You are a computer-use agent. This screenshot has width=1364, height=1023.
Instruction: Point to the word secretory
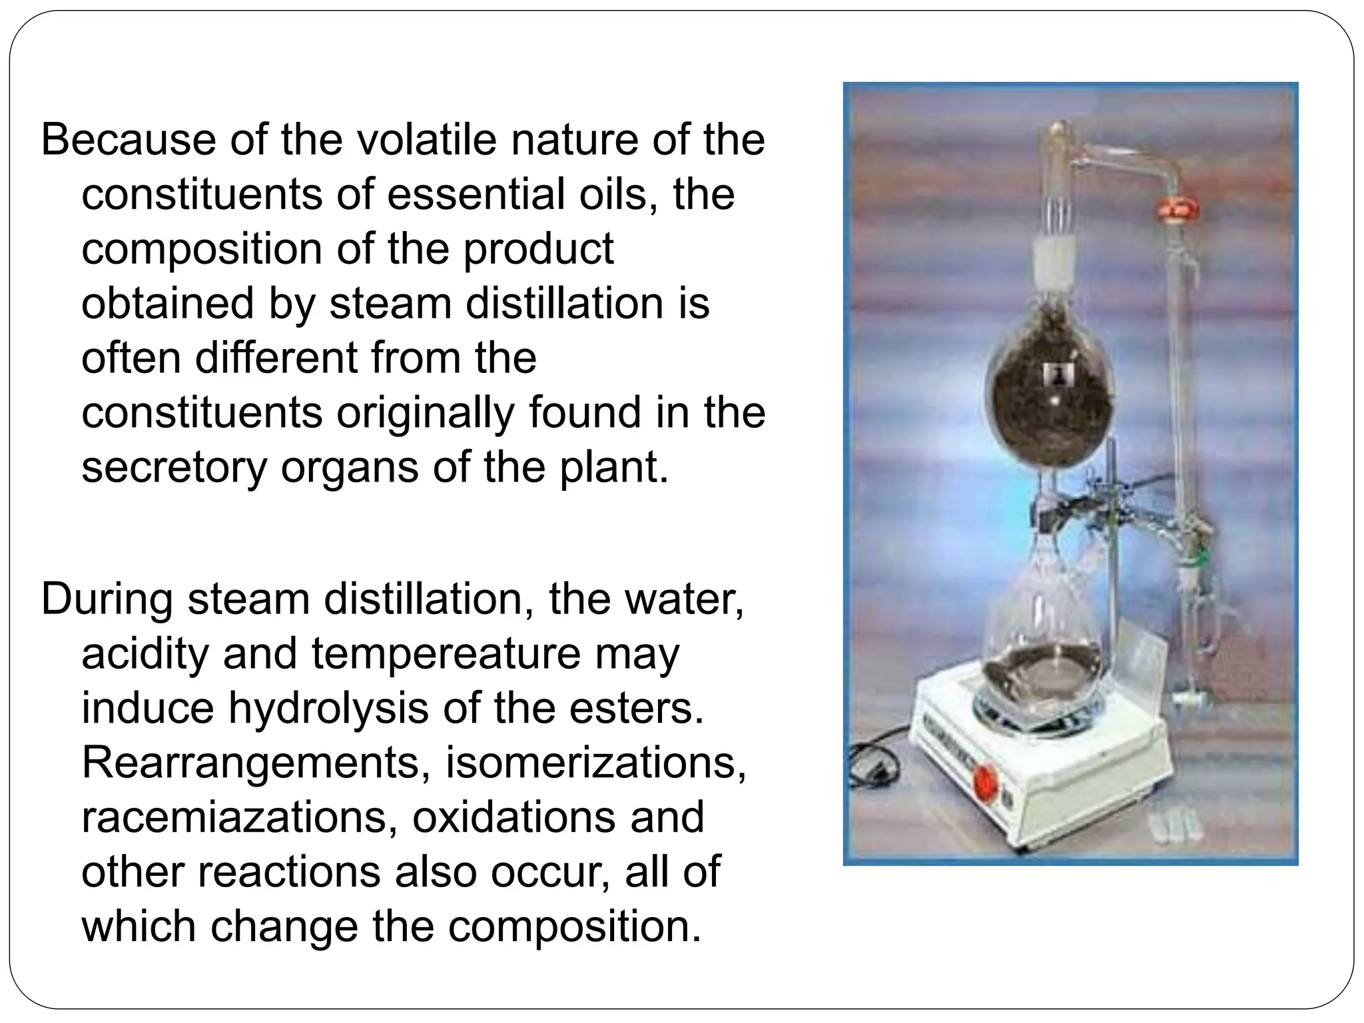click(174, 468)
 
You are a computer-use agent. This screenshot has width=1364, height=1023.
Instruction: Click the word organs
click(350, 468)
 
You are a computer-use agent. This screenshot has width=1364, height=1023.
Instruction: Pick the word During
click(107, 599)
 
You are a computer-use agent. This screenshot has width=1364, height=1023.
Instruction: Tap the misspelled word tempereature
click(446, 654)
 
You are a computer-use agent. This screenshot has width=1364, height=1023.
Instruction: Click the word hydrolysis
click(328, 709)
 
